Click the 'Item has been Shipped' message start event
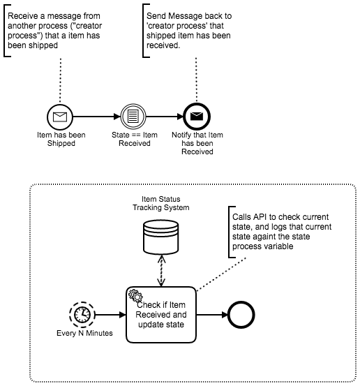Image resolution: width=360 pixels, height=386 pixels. coord(60,117)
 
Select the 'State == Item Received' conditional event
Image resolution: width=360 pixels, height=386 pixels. coord(133,117)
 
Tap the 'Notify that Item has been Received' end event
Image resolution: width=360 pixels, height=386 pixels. coord(197,117)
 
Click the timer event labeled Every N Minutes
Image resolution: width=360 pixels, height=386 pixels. coord(82,315)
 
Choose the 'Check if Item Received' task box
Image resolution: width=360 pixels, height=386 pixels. coord(161,315)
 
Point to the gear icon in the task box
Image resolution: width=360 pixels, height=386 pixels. coord(135,295)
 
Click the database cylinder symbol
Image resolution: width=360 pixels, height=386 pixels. coord(161,237)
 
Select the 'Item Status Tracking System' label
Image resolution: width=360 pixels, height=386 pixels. coord(161,203)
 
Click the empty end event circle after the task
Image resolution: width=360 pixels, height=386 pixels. coord(241,315)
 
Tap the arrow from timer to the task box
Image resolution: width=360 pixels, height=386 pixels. coord(110,315)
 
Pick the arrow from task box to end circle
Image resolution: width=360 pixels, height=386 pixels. coord(212,315)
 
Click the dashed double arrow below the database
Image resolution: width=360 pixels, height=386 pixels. coord(161,271)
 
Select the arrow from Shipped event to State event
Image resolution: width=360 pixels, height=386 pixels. coord(97,117)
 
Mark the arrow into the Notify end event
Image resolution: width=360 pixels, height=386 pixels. coord(165,117)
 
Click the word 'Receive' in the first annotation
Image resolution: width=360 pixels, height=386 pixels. coord(22,16)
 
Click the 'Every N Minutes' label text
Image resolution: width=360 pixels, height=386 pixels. coord(84,333)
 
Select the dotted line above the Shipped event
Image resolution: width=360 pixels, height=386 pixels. coord(60,80)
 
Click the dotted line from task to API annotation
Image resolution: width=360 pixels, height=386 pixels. coord(221,274)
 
